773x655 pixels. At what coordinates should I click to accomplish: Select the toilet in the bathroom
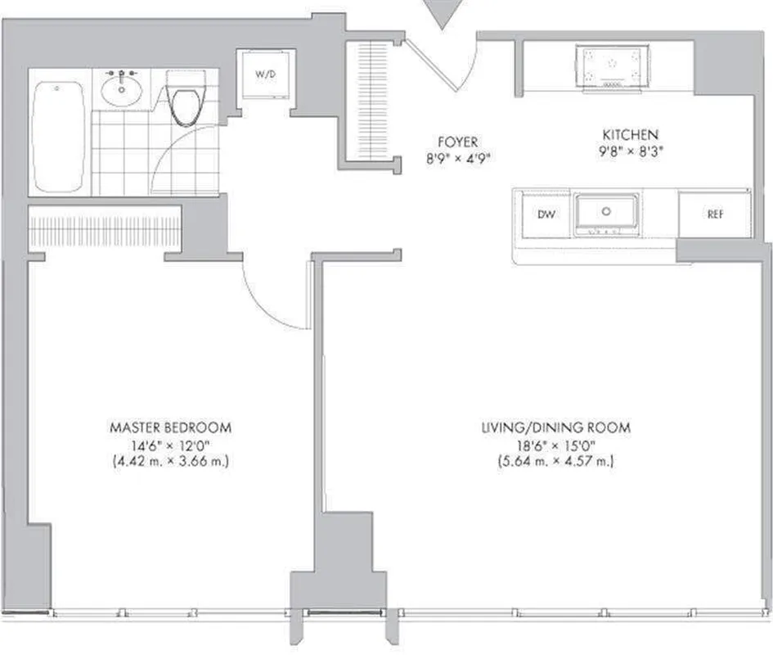[187, 102]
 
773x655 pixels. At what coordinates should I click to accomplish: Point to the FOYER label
[457, 142]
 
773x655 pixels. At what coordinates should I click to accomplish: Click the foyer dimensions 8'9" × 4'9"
[457, 159]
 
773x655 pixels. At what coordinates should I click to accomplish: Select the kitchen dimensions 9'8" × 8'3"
[631, 151]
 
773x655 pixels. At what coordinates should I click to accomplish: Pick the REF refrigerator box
[714, 215]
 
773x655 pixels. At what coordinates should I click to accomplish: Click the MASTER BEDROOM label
[171, 427]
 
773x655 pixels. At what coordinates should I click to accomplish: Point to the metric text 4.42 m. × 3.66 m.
[171, 461]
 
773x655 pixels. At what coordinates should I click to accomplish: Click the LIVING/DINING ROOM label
[555, 427]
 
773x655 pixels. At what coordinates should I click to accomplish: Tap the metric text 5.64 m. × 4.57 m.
[555, 461]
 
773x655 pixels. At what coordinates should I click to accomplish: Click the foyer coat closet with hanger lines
[373, 102]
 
